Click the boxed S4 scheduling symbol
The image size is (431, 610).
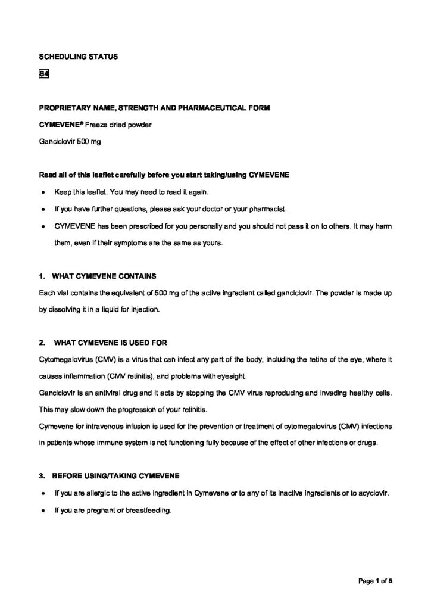[43, 74]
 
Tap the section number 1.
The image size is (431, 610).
[41, 276]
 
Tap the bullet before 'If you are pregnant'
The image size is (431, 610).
[43, 511]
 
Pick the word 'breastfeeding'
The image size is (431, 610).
[149, 511]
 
